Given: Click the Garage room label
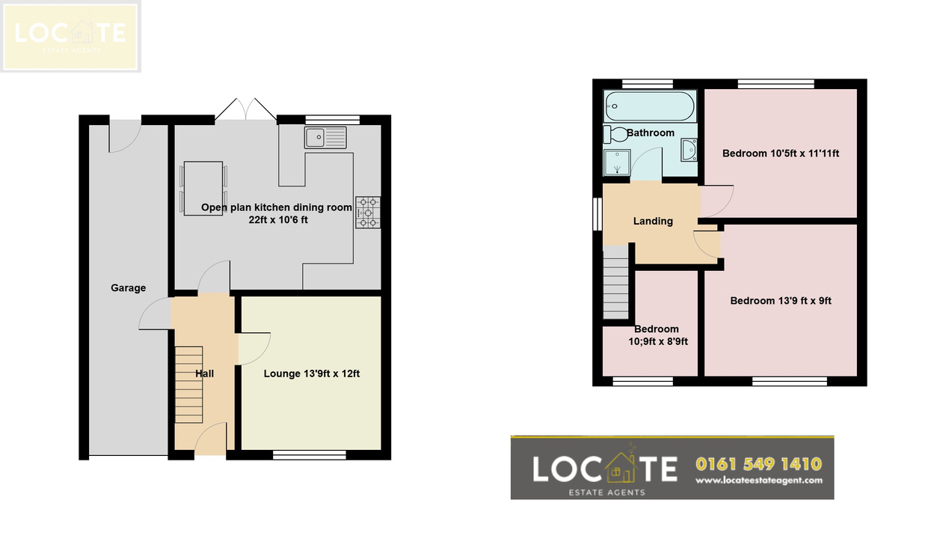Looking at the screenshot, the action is (x=129, y=288).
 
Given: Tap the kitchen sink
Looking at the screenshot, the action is (x=325, y=138).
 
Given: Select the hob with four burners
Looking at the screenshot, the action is (x=368, y=213).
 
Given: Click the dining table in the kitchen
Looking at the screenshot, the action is (x=203, y=189).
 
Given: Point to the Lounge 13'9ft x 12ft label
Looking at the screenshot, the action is (x=312, y=374).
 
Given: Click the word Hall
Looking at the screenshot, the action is (x=204, y=374).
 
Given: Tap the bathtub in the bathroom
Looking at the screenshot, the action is (x=650, y=106).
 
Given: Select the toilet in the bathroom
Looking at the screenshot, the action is (x=615, y=135).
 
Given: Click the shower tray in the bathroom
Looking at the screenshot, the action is (x=617, y=162).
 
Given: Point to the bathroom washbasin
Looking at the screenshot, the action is (x=689, y=150).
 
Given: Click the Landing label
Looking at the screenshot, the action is (x=653, y=221).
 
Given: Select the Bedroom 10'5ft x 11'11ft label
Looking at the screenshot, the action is (x=781, y=153).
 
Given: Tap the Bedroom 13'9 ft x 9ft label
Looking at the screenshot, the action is (x=781, y=301).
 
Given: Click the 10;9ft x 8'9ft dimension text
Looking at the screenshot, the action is (x=658, y=341).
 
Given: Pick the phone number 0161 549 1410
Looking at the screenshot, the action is (x=758, y=464).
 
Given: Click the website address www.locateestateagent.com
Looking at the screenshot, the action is (x=759, y=481).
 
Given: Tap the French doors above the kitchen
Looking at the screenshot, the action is (x=246, y=109).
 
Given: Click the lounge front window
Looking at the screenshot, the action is (x=310, y=455).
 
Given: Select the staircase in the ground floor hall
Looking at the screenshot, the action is (x=188, y=385).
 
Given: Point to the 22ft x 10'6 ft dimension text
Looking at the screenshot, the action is (x=278, y=220).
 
